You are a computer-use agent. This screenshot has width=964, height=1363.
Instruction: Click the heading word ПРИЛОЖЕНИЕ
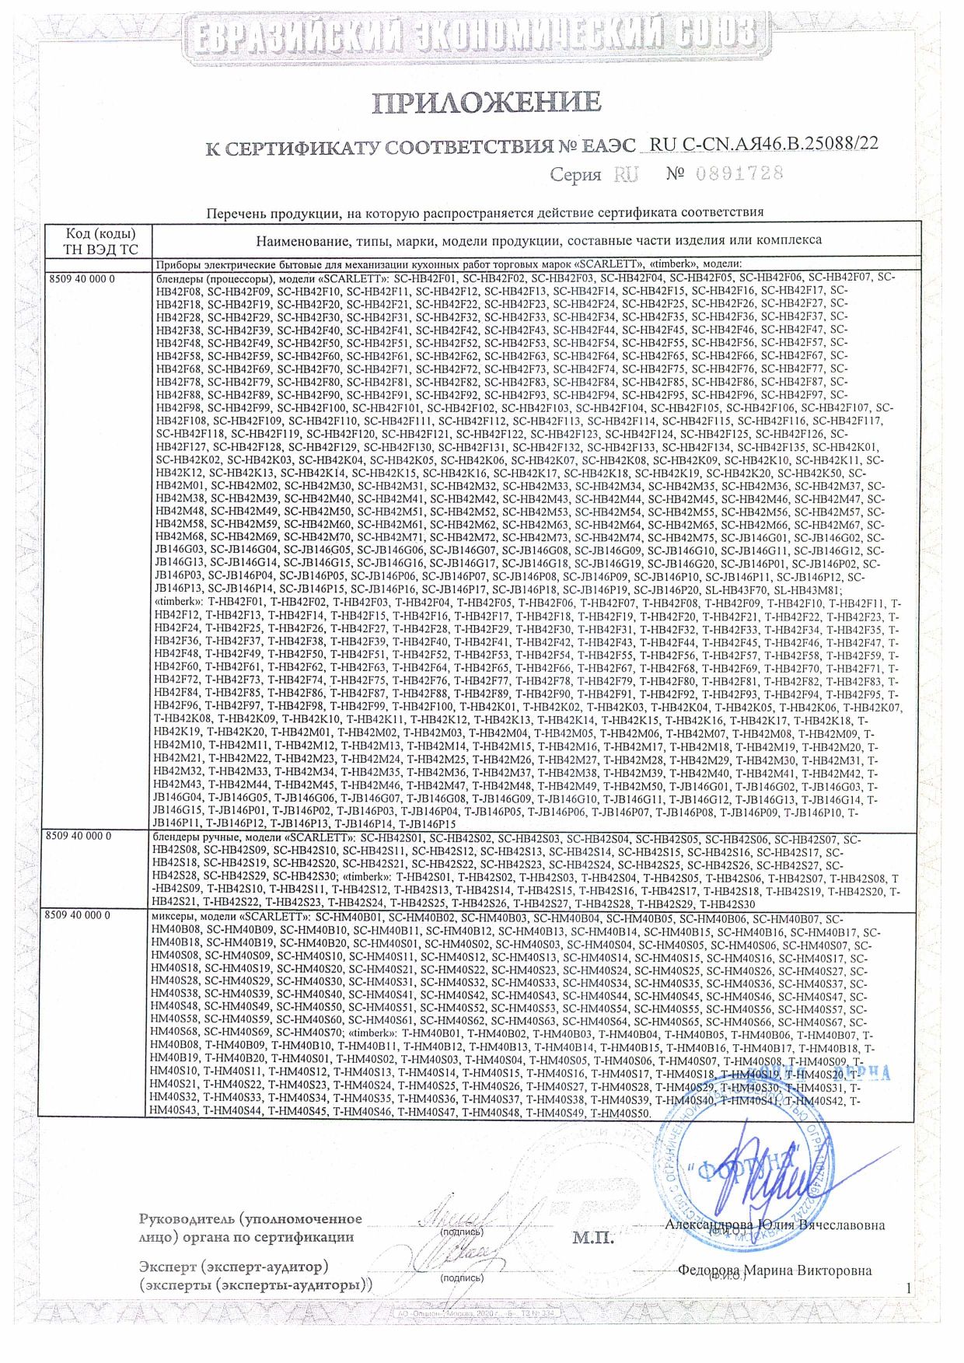[486, 102]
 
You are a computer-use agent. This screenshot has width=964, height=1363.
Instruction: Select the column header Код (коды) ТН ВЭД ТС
[100, 242]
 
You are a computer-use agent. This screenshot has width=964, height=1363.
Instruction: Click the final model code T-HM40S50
[620, 1113]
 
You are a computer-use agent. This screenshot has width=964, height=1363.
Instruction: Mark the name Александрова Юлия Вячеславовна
[774, 1225]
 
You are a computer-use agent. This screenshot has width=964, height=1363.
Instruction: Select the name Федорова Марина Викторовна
[774, 1270]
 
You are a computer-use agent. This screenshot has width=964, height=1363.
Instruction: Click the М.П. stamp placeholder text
[593, 1237]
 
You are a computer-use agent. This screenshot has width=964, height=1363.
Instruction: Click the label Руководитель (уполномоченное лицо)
[250, 1228]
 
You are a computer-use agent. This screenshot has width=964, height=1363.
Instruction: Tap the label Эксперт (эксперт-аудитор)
[233, 1267]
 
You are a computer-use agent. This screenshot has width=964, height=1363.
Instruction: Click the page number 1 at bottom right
[907, 1289]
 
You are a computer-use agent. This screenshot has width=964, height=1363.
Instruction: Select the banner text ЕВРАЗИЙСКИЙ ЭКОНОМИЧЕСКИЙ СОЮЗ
[475, 35]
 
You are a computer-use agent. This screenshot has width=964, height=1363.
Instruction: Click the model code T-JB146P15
[427, 824]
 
